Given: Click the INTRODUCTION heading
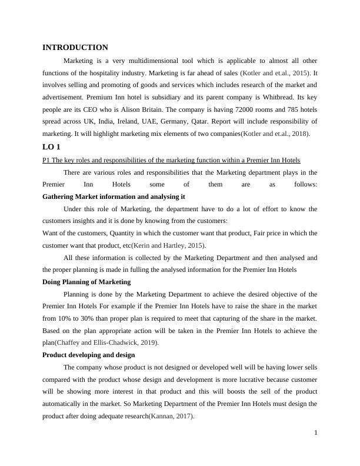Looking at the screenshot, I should point(75,48).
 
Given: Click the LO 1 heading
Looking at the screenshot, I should point(51,147).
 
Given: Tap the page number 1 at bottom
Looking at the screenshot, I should point(316,434).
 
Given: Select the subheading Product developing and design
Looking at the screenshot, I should point(89,355).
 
